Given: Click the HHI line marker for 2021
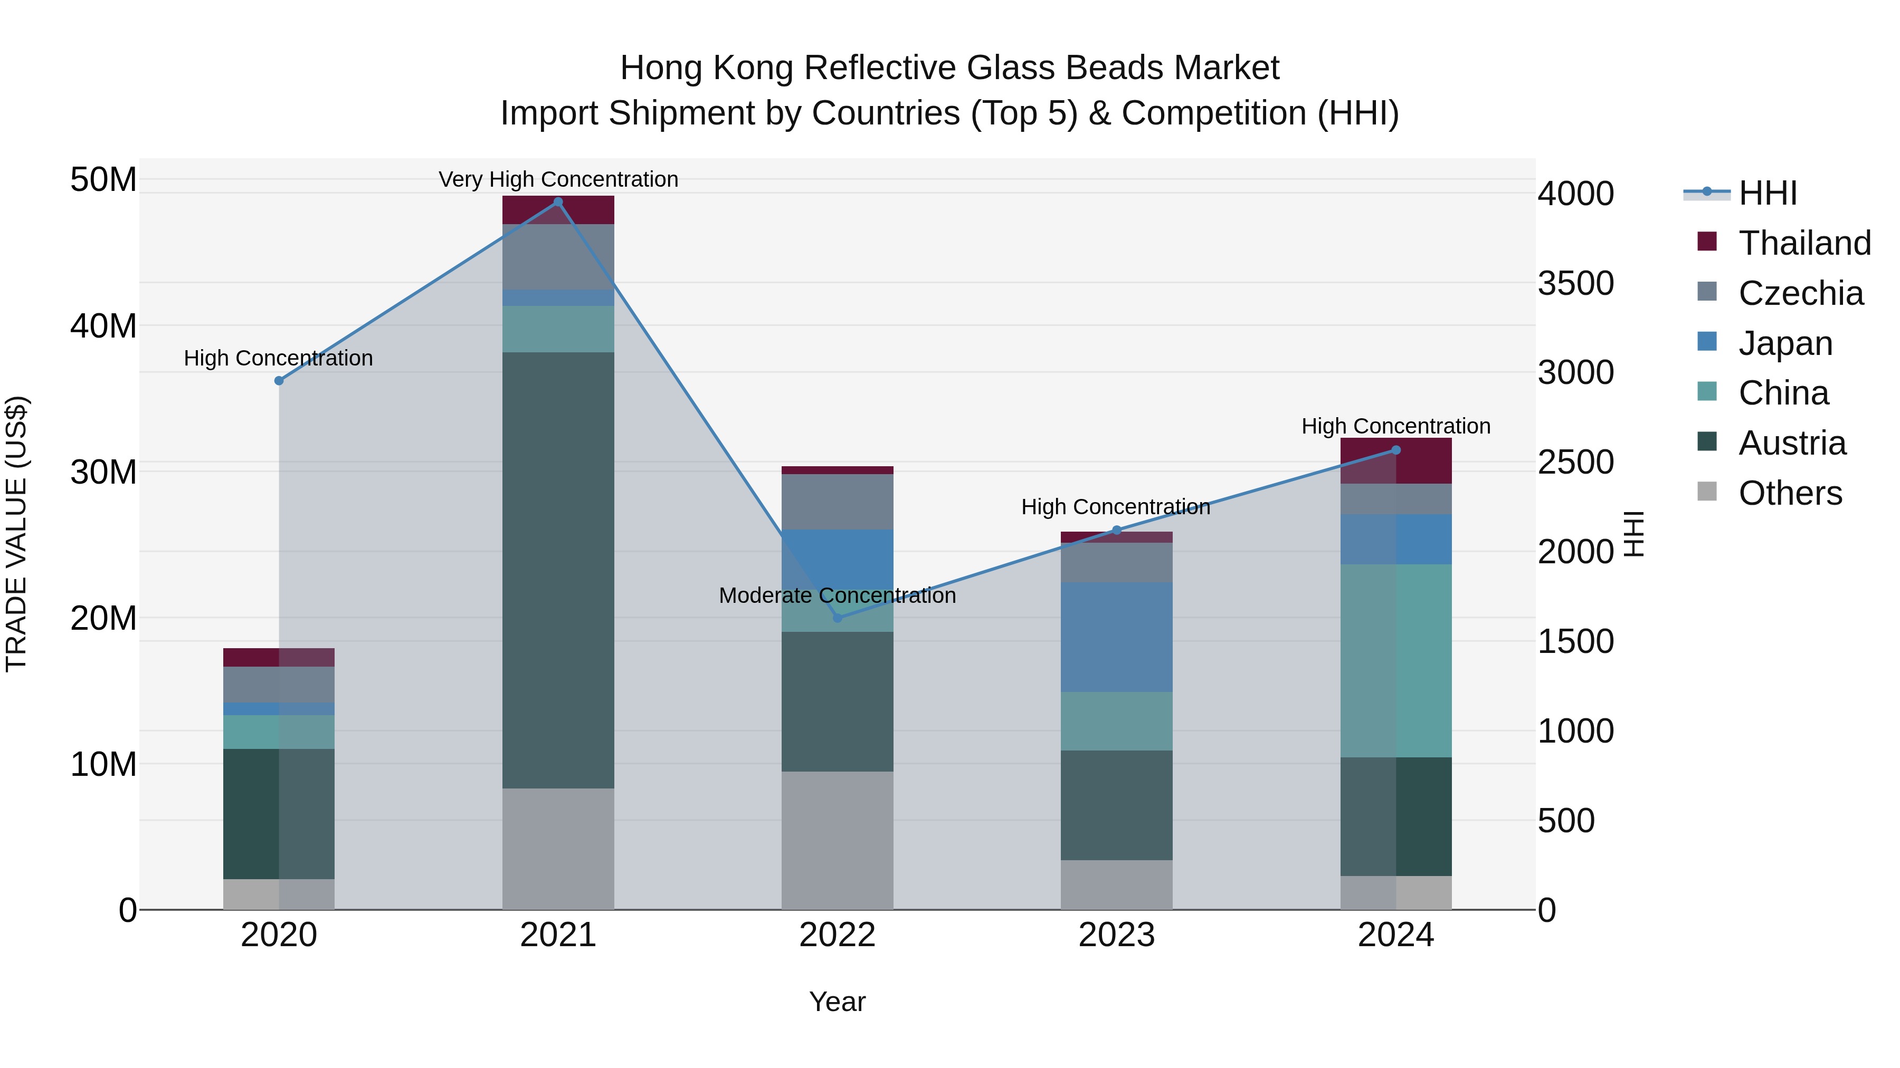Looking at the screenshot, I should pos(558,202).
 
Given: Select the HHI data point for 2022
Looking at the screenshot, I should pos(837,618).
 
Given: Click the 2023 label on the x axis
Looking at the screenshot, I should pos(1116,935).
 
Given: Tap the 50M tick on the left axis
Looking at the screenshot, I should pos(103,180).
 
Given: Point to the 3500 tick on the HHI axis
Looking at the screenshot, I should pos(1575,284).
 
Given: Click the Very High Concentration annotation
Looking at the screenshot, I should pos(558,180).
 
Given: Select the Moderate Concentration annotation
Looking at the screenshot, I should pos(837,595).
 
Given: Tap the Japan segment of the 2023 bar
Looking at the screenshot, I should pos(1116,637).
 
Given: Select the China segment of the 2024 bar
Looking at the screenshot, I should pos(1395,660).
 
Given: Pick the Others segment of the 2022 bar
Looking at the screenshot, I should pos(837,840).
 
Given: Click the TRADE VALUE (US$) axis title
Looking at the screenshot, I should pos(16,534).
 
